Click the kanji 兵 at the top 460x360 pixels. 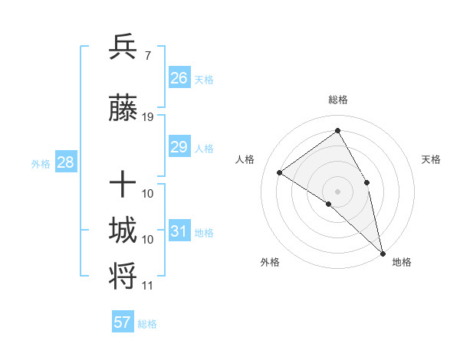[x=123, y=47]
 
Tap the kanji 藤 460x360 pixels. [x=123, y=110]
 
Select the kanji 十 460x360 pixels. [x=123, y=185]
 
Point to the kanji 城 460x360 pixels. [x=123, y=231]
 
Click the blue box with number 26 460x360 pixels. [x=179, y=78]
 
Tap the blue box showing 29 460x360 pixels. [x=179, y=147]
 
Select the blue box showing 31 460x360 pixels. [x=179, y=231]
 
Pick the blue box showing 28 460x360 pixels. [x=64, y=162]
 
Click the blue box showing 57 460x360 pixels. [x=123, y=322]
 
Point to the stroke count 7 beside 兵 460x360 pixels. [x=147, y=55]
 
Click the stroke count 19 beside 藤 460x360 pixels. [x=148, y=117]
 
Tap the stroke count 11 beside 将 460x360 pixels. [x=148, y=286]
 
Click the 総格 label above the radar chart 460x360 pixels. [x=337, y=100]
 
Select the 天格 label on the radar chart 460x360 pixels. [x=431, y=159]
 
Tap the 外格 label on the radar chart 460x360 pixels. [x=270, y=262]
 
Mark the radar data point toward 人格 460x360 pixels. [x=280, y=172]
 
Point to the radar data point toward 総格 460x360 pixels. [x=337, y=130]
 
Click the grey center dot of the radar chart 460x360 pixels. [x=337, y=191]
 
